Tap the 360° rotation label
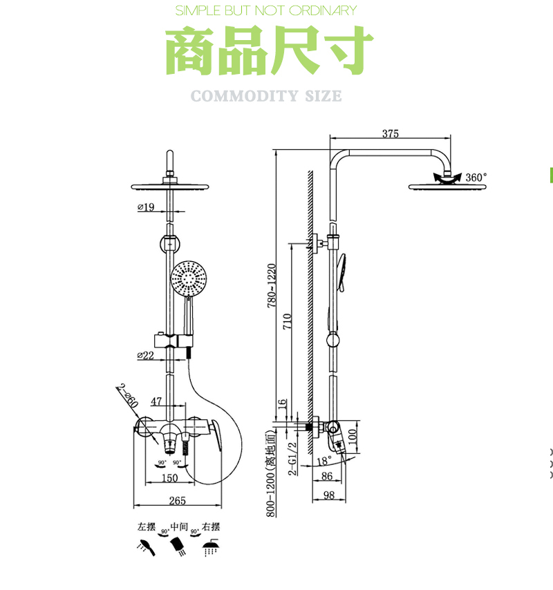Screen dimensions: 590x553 click(476, 178)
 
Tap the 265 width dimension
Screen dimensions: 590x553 click(167, 501)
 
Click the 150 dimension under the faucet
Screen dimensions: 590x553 click(169, 477)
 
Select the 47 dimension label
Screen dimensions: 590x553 click(156, 401)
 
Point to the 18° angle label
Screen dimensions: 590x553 click(324, 461)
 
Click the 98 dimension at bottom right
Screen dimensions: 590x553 click(328, 495)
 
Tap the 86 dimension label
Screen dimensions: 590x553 click(327, 476)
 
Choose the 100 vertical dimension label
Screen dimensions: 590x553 click(353, 437)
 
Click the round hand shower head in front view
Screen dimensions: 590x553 click(189, 279)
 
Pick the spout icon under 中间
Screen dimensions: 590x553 click(178, 546)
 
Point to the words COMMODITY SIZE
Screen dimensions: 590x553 click(266, 95)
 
